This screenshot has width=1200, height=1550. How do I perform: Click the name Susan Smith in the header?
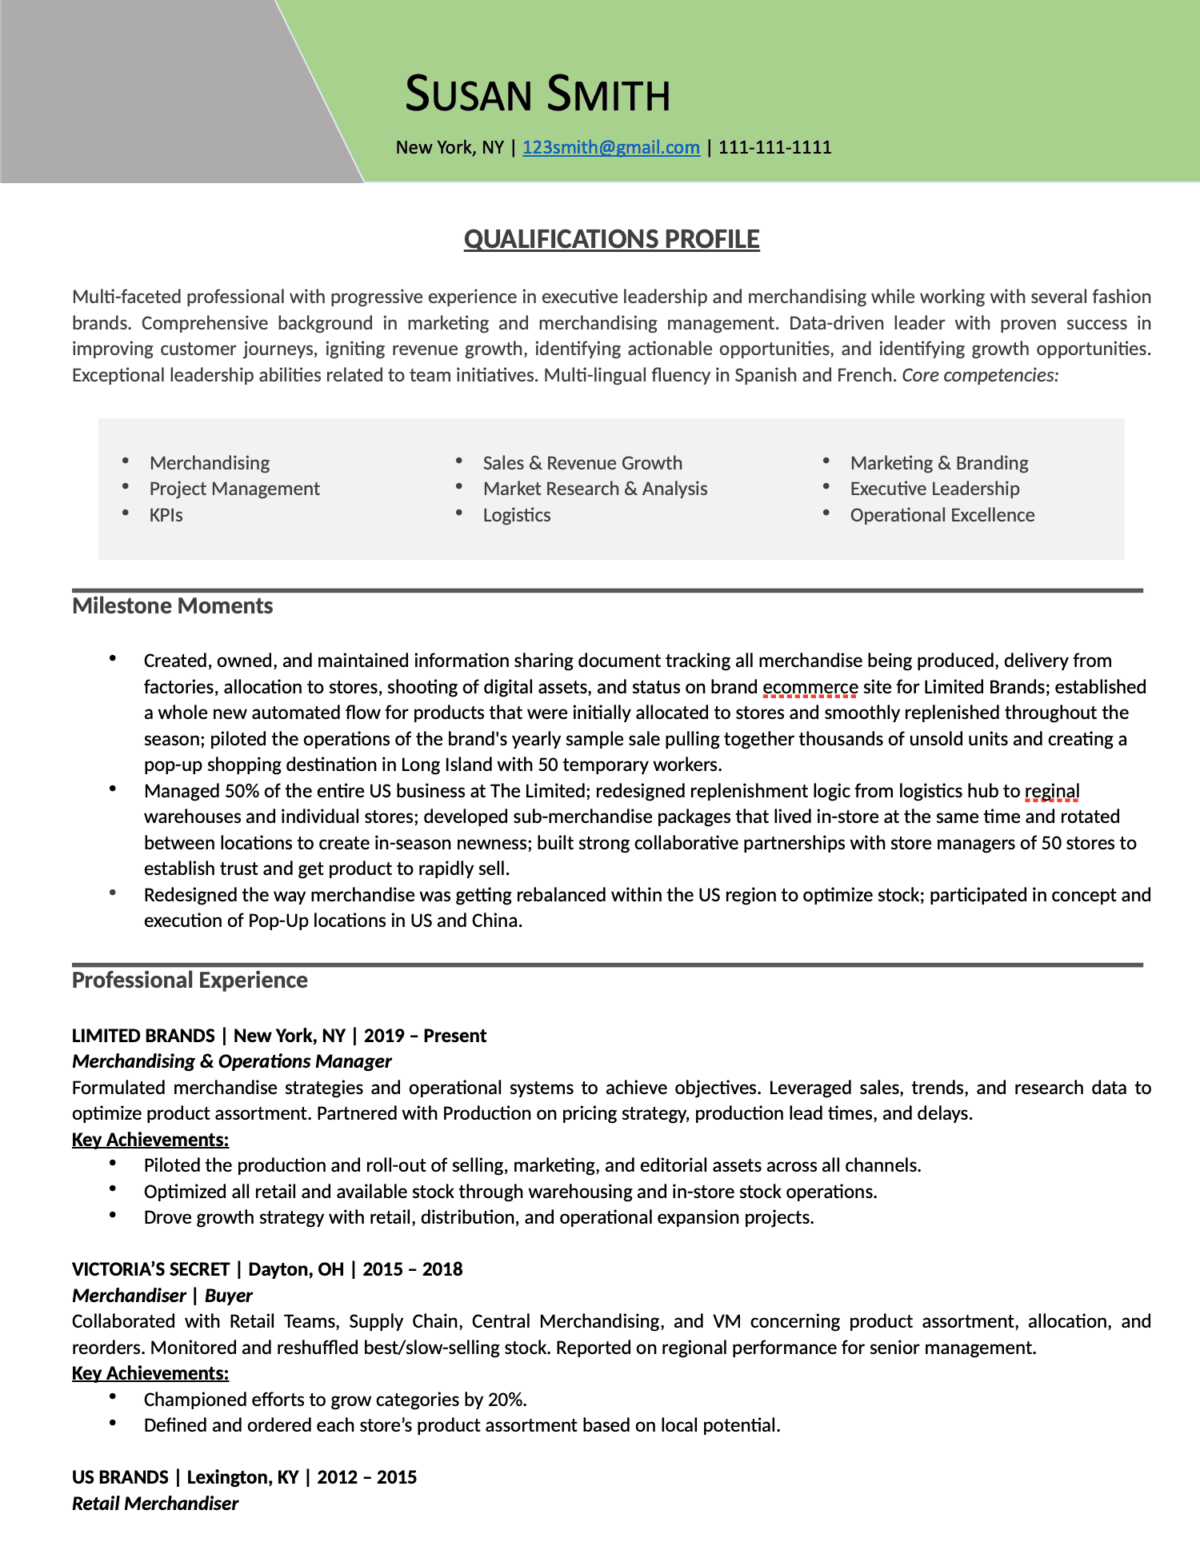click(537, 94)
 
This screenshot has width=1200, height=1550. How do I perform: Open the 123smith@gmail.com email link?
click(610, 147)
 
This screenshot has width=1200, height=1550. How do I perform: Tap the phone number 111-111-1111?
click(774, 147)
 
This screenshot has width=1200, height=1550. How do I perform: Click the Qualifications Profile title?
click(611, 239)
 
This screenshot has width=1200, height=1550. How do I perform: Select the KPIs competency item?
click(166, 515)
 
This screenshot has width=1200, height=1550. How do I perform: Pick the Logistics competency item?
click(516, 515)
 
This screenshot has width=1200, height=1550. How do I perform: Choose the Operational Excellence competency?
click(942, 515)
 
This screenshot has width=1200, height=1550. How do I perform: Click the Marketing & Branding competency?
click(938, 463)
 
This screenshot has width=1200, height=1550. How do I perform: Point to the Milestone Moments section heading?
click(172, 605)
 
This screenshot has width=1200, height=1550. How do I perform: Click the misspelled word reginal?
click(1051, 791)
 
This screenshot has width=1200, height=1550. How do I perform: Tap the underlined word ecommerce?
click(810, 687)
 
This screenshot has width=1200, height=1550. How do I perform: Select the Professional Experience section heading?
click(190, 980)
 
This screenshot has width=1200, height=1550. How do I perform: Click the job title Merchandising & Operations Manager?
click(231, 1061)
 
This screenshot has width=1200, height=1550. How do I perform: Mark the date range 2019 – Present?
click(425, 1036)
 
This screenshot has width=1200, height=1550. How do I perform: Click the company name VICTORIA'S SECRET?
click(150, 1269)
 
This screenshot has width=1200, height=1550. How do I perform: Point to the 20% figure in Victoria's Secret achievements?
click(506, 1400)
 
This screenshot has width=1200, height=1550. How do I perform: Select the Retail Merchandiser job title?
click(155, 1504)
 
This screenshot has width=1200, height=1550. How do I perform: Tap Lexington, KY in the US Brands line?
click(242, 1477)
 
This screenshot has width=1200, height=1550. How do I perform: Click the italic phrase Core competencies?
click(980, 375)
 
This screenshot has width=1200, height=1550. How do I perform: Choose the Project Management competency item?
click(234, 489)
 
